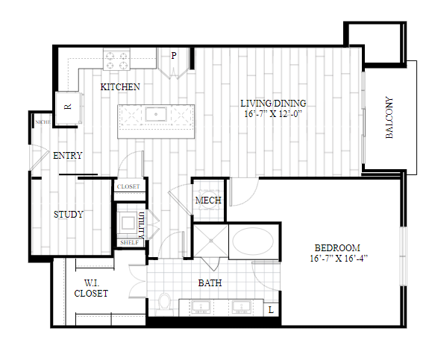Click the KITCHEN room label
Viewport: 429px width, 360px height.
120,87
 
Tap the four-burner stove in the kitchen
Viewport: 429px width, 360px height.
116,60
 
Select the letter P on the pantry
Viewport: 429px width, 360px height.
174,56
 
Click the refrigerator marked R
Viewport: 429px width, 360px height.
68,107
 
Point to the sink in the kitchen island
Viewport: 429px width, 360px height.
156,114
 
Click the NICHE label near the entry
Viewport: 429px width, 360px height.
43,122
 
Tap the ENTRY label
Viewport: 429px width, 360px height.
68,156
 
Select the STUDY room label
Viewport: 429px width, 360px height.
69,215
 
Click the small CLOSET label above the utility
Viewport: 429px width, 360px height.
128,186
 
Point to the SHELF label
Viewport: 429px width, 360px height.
129,242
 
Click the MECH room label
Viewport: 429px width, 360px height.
208,200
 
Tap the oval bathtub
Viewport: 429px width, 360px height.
253,241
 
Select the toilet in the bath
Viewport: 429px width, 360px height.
165,304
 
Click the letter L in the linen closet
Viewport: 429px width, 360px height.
271,310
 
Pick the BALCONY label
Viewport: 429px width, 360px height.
389,118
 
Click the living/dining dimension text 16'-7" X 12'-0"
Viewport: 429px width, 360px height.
273,113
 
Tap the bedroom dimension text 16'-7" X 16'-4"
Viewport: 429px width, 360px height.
339,258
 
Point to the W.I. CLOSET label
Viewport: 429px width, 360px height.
91,288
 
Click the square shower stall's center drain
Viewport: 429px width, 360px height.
211,241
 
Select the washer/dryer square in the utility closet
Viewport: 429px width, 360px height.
127,223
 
